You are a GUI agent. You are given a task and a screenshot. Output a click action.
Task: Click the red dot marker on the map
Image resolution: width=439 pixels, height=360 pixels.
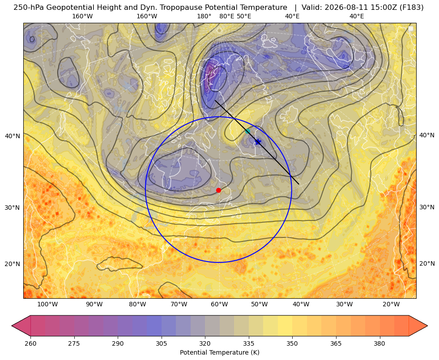click(x=219, y=190)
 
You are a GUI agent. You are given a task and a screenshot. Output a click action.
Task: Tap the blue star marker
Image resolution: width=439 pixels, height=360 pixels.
click(x=258, y=142)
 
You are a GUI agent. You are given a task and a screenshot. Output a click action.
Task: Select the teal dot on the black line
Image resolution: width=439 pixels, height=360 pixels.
click(x=247, y=131)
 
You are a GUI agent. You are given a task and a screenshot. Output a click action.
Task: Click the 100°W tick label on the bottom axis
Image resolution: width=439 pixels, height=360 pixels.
click(x=47, y=304)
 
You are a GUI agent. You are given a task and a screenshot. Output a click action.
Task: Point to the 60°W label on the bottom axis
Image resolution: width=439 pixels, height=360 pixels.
click(x=219, y=304)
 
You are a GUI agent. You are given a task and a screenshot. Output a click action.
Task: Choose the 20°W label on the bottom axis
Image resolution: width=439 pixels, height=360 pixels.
click(x=391, y=304)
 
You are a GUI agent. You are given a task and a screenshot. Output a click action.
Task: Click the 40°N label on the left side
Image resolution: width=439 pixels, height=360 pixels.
click(x=13, y=136)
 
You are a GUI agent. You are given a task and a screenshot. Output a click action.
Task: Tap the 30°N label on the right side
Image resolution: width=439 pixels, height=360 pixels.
click(x=427, y=207)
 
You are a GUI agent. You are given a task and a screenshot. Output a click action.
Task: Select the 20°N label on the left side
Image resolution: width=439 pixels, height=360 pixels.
click(x=13, y=264)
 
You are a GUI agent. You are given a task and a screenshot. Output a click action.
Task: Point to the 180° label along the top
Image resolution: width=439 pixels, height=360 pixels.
click(x=204, y=16)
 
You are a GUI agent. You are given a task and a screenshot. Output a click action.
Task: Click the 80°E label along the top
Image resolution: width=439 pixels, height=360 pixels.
click(x=226, y=16)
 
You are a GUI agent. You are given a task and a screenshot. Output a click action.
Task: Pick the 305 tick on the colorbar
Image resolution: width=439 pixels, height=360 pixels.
click(x=161, y=343)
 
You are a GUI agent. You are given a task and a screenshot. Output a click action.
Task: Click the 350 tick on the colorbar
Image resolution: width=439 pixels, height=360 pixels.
click(x=292, y=343)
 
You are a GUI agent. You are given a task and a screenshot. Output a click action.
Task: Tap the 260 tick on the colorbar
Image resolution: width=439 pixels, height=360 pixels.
click(x=30, y=343)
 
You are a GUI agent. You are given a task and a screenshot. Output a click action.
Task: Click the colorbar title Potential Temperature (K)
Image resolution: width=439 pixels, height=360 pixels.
click(x=219, y=352)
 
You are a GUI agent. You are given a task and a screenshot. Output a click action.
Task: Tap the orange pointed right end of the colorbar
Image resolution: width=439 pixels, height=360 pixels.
click(x=418, y=326)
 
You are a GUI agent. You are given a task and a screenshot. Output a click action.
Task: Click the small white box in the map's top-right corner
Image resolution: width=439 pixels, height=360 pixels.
click(x=411, y=29)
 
